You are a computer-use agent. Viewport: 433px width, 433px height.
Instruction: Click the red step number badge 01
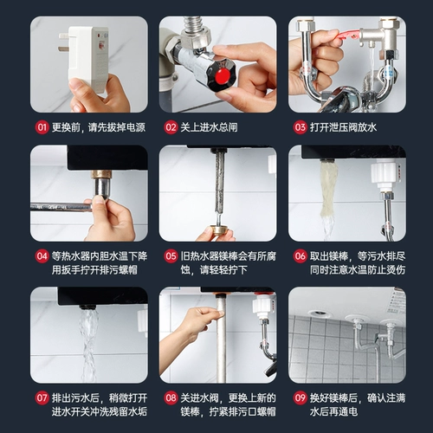coord(42,127)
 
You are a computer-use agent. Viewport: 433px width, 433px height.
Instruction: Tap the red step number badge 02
coord(171,127)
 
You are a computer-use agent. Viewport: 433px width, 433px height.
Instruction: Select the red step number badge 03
coord(300,127)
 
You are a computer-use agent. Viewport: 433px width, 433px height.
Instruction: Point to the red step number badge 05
coord(171,256)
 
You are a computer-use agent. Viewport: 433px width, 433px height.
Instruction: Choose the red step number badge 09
coord(300,398)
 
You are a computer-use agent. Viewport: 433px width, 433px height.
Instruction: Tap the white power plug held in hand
coord(87,58)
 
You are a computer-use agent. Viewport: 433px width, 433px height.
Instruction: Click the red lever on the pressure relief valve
coord(348,36)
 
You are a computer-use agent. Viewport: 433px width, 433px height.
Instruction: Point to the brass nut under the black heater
coord(101,174)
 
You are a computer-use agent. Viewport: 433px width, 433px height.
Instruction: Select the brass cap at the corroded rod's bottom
coord(219,229)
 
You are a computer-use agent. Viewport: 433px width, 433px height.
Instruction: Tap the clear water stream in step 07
coord(88,345)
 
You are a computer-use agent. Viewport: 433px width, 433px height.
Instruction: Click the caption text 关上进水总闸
coord(209,127)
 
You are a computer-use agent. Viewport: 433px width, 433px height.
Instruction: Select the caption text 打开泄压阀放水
coord(343,127)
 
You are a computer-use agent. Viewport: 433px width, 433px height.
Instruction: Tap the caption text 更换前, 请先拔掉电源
coord(99,127)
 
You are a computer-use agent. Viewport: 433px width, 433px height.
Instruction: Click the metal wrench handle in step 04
coord(61,207)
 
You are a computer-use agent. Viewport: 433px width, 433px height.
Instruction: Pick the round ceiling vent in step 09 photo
coord(320,313)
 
